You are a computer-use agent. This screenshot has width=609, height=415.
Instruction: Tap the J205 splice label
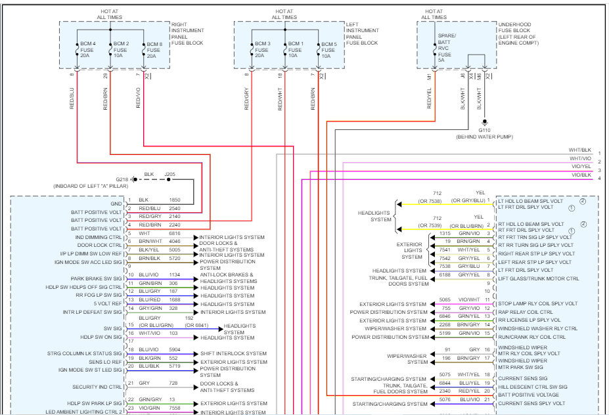click(169, 174)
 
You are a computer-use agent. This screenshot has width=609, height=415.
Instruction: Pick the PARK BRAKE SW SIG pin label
click(97, 278)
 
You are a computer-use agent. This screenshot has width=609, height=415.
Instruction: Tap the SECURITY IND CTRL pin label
click(98, 387)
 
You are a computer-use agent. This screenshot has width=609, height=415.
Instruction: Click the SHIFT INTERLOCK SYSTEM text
click(233, 353)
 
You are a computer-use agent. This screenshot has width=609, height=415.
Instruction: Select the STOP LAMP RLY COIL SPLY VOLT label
click(537, 303)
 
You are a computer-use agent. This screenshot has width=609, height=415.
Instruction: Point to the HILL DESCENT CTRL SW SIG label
click(533, 387)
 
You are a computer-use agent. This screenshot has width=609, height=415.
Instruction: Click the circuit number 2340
click(445, 391)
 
